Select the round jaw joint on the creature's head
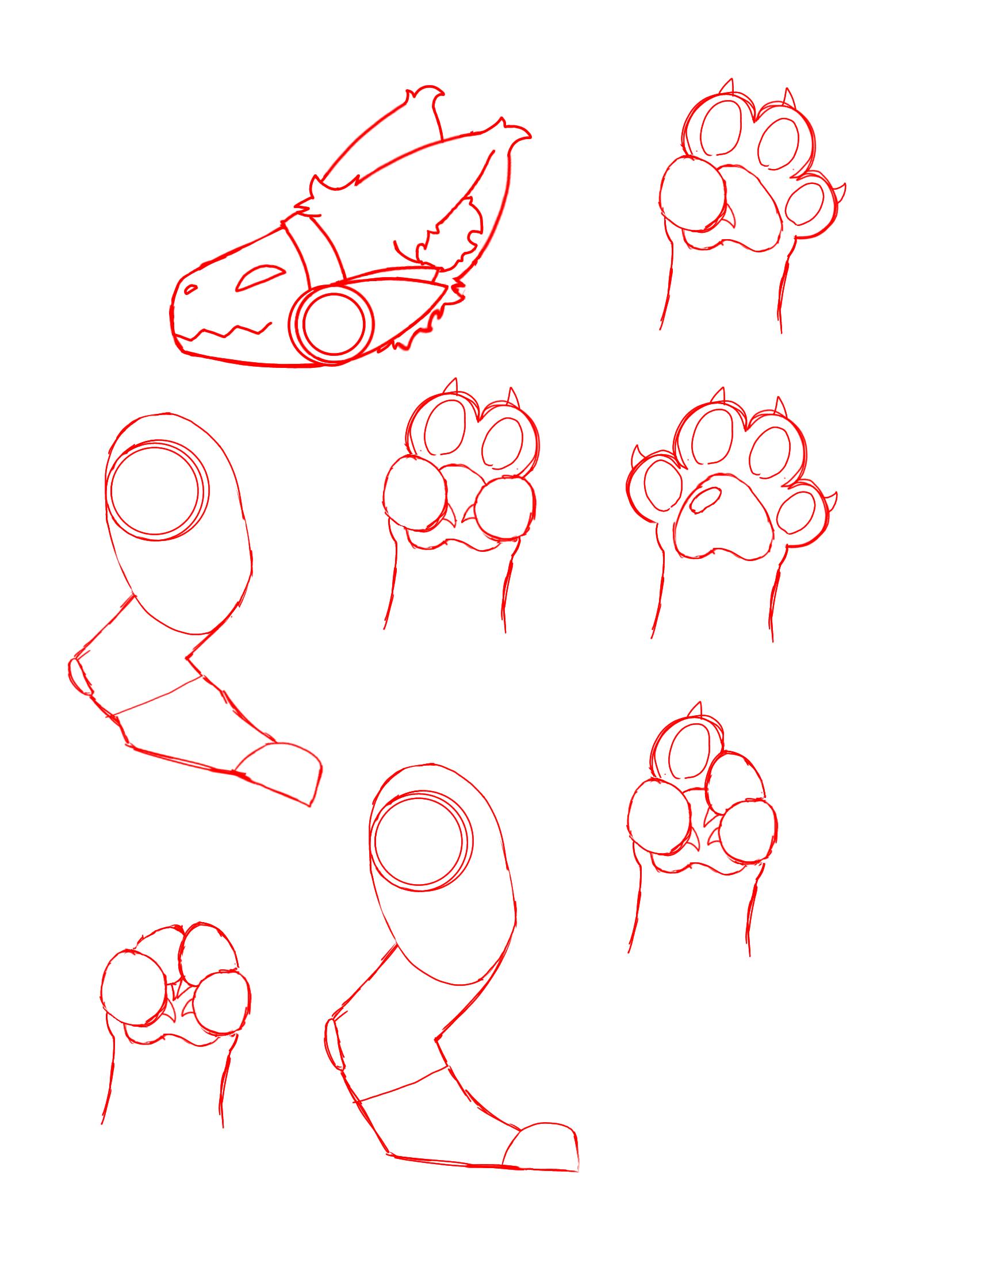[334, 325]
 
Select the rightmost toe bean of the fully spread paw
[797, 512]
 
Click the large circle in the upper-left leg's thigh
[156, 490]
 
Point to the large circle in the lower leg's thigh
[420, 841]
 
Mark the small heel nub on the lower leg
[333, 1044]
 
